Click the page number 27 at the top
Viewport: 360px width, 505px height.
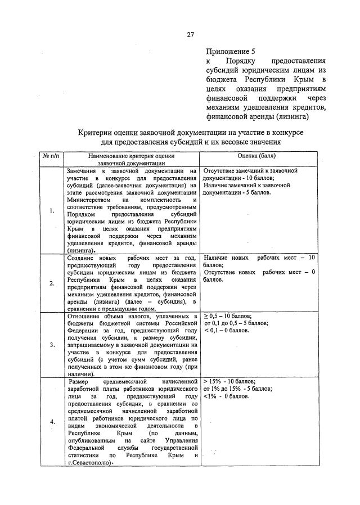tap(190, 35)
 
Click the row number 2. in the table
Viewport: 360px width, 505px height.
tap(52, 283)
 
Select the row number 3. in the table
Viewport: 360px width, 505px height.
tap(52, 344)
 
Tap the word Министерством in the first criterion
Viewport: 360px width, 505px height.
tap(89, 200)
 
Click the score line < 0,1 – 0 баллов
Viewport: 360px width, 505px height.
tap(226, 331)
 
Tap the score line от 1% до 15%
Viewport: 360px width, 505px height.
tap(237, 389)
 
